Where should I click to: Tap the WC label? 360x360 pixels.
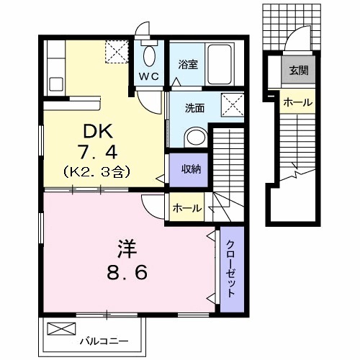tap(149, 76)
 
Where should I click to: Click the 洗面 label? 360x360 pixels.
tap(194, 109)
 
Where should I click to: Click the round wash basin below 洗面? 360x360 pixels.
tap(195, 136)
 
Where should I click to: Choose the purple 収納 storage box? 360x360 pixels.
tap(189, 170)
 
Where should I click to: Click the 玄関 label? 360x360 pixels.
tap(298, 70)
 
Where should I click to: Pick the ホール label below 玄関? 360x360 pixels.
tap(297, 102)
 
